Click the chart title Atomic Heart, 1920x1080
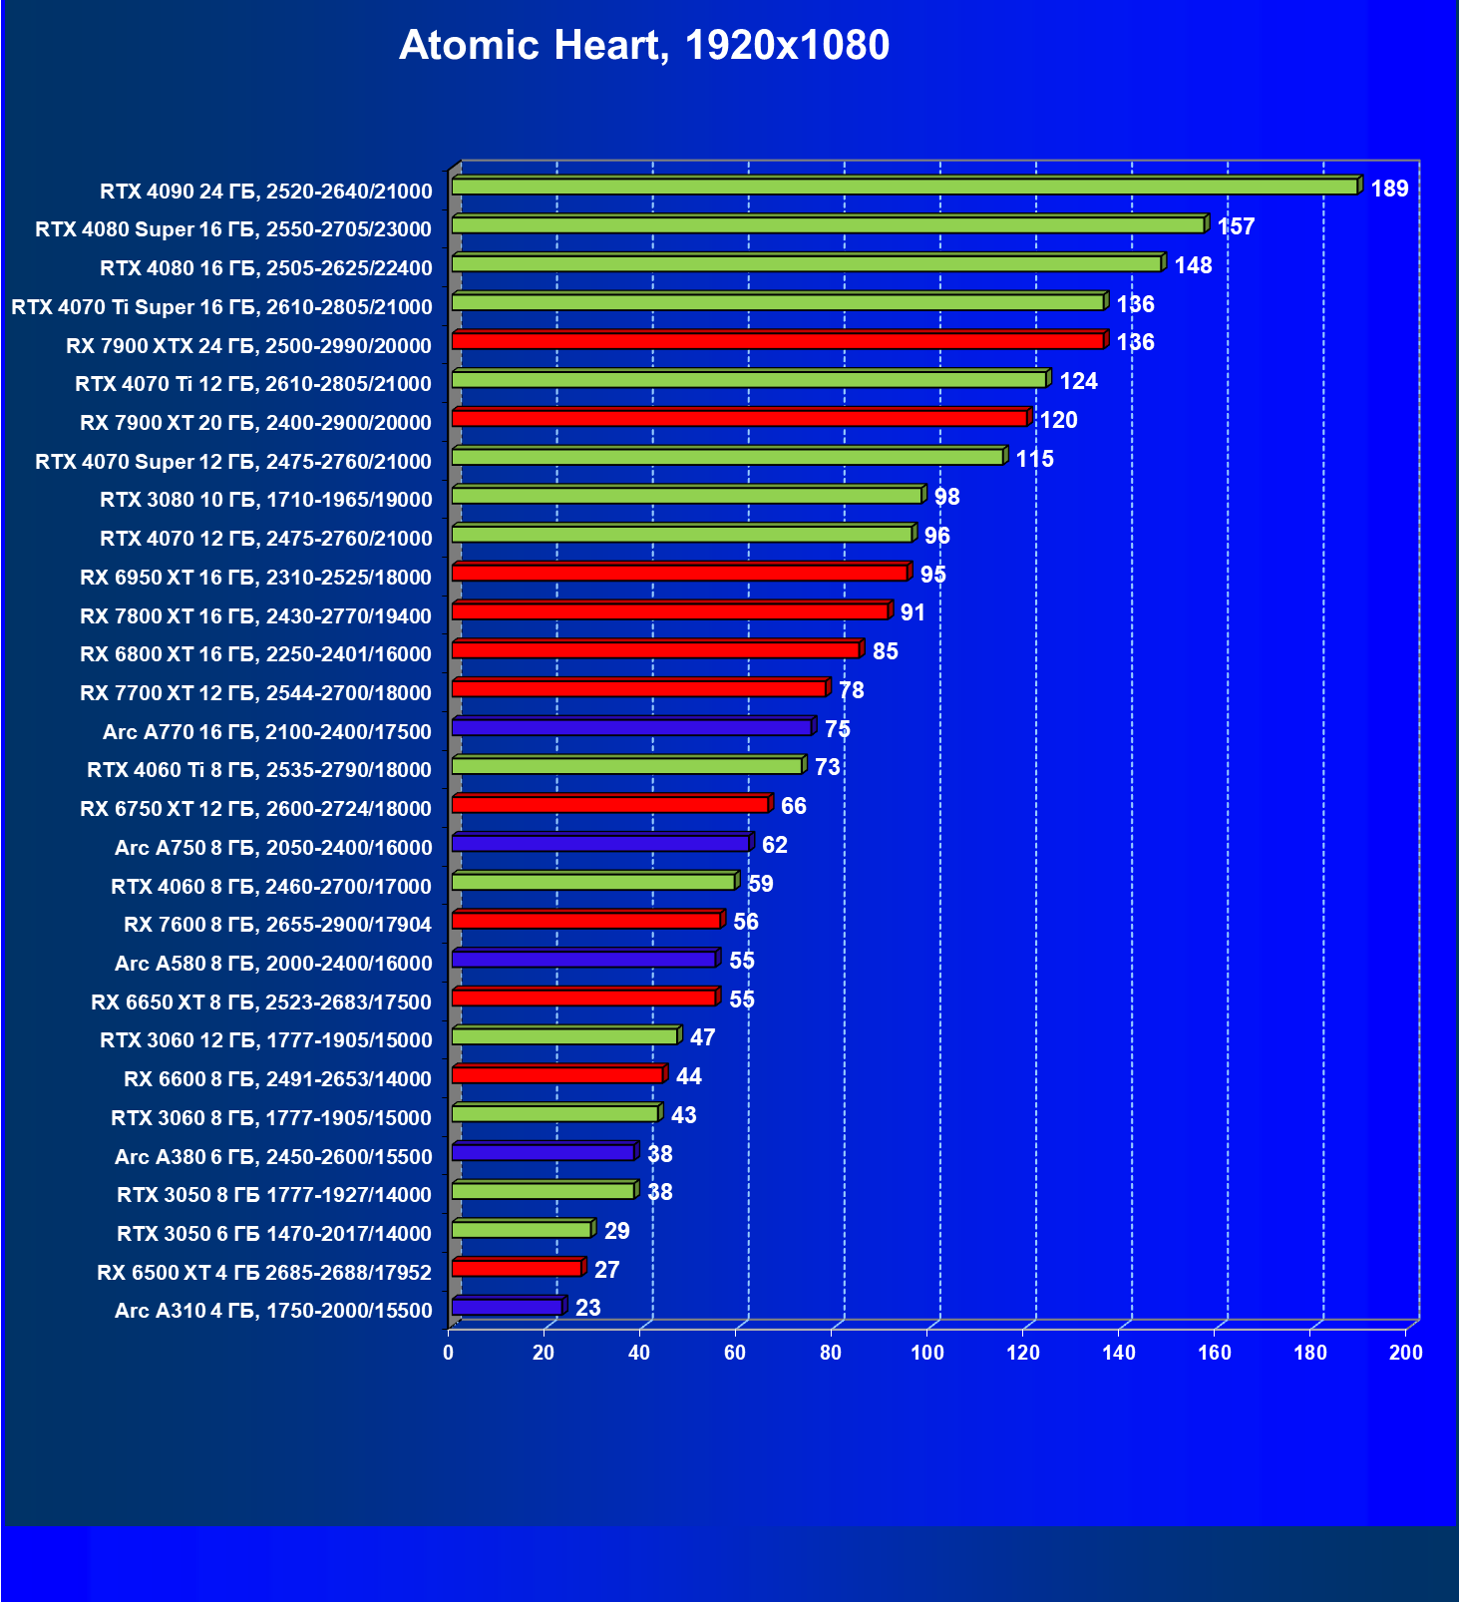coord(644,46)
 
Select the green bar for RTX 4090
coord(904,187)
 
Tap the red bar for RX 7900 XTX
coord(778,341)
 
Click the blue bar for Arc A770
coord(632,727)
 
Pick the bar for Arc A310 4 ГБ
coord(508,1307)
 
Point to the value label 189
coord(1389,189)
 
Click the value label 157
coord(1236,226)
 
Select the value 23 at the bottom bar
coord(588,1308)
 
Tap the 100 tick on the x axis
coord(927,1353)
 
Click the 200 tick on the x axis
coord(1406,1353)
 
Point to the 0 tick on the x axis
coord(449,1353)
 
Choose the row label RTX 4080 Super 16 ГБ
coord(233,229)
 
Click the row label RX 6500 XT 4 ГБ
coord(264,1273)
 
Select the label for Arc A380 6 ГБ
coord(273,1157)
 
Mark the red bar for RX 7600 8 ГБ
coord(586,920)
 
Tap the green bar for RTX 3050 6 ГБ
coord(522,1229)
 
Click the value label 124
coord(1078,381)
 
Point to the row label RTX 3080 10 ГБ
coord(266,500)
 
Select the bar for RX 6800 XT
coord(655,649)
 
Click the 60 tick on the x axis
coord(735,1353)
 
